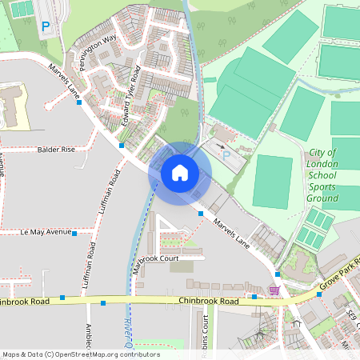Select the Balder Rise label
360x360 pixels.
(55, 150)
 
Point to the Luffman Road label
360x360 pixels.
(107, 193)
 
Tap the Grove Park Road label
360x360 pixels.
(335, 278)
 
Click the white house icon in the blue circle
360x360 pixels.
(179, 173)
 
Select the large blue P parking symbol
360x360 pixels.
(46, 27)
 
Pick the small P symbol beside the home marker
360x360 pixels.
(226, 154)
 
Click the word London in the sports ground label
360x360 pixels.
(322, 163)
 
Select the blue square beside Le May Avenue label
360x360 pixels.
(74, 234)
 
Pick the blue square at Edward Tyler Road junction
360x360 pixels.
(122, 146)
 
